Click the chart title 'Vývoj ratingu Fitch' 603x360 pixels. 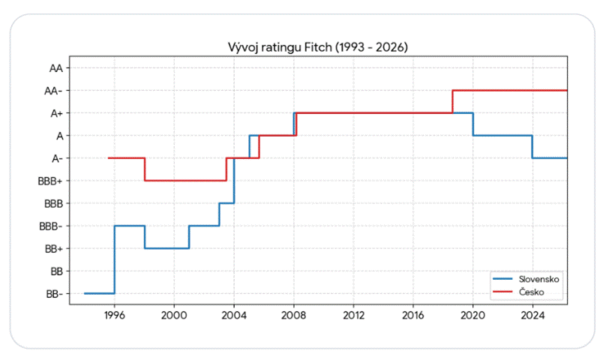280,47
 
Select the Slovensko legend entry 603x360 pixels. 526,279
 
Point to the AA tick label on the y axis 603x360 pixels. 56,68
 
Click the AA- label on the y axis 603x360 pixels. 53,91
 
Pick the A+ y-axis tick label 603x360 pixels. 57,113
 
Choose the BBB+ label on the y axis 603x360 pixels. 50,181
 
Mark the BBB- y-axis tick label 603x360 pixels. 51,226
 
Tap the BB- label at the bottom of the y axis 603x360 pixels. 54,294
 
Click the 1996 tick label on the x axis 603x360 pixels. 115,316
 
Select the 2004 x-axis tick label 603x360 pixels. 234,316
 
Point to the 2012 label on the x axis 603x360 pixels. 353,316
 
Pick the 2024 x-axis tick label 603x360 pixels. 532,316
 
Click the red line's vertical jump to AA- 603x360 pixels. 453,101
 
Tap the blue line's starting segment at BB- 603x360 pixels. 99,293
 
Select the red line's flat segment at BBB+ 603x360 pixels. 185,181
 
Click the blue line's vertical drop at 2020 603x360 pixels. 473,124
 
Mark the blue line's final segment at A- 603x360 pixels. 550,158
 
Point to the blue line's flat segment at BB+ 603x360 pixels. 167,248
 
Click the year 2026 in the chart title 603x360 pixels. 390,47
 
